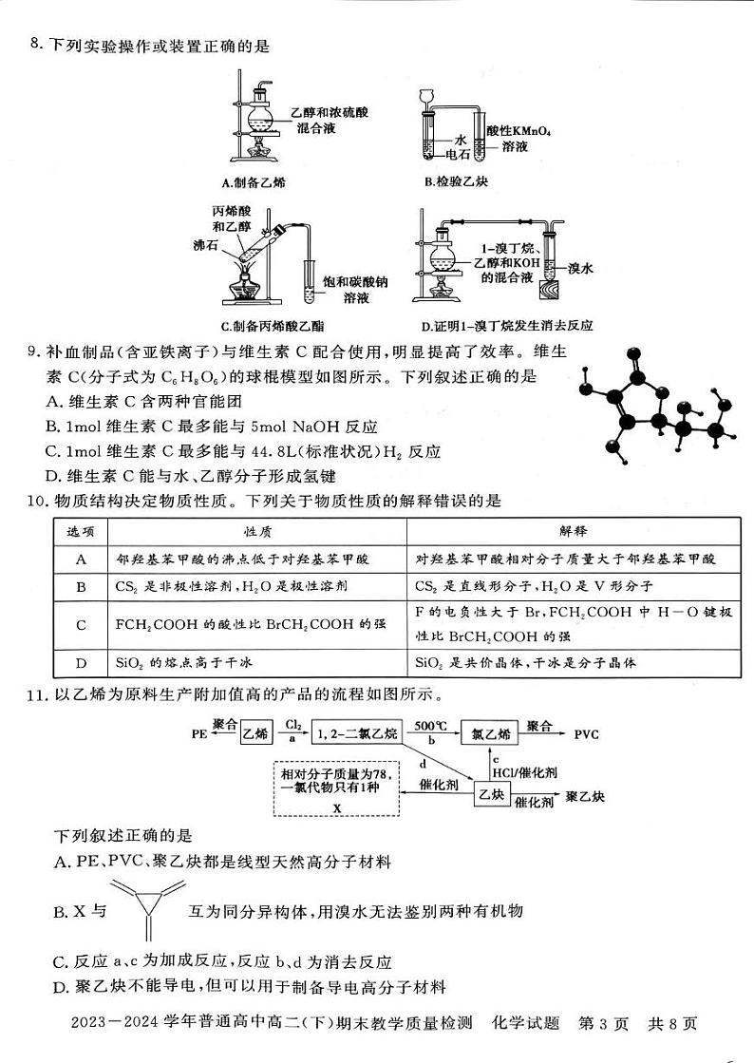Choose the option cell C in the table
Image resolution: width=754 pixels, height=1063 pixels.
(x=81, y=625)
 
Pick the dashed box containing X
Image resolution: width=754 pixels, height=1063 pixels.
(x=336, y=788)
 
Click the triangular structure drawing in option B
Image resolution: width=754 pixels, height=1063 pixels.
(x=147, y=909)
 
